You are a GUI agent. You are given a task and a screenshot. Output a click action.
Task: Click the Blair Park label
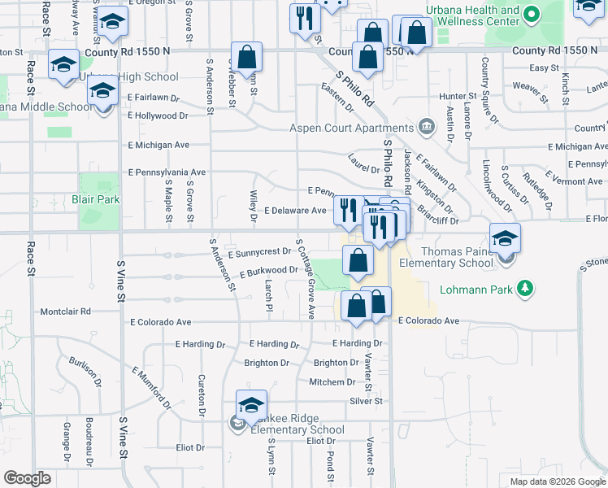click(x=95, y=198)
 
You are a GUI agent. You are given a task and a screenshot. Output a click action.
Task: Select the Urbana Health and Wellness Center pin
click(x=532, y=15)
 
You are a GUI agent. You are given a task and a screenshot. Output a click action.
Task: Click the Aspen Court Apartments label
click(x=353, y=128)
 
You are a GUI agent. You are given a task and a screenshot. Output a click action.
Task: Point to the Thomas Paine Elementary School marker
click(x=505, y=240)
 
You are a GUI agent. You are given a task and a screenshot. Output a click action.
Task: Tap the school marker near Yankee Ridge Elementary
click(x=251, y=405)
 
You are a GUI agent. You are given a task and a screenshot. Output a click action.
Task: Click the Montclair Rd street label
click(x=66, y=312)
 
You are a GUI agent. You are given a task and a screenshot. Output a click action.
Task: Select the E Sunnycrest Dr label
click(x=260, y=252)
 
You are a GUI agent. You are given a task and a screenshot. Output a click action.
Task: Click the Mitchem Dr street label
click(x=332, y=381)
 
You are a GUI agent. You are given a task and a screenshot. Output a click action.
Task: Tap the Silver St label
click(x=366, y=401)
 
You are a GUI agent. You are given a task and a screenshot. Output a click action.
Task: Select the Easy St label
click(x=544, y=68)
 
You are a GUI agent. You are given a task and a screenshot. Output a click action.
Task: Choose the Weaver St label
click(x=528, y=85)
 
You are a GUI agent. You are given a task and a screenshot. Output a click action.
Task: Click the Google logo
click(x=27, y=478)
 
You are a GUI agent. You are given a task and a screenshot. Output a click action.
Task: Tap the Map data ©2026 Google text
click(x=557, y=481)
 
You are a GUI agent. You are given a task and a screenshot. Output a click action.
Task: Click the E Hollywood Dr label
click(x=158, y=115)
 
